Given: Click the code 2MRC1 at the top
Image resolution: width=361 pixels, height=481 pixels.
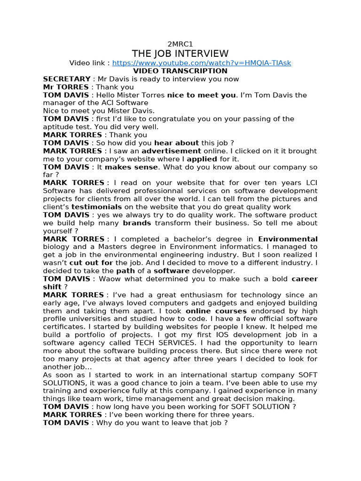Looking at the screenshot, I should click(180, 44).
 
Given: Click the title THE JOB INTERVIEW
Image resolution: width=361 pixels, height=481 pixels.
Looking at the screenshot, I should click(180, 54).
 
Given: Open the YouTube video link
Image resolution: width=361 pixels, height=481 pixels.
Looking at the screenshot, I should click(202, 63).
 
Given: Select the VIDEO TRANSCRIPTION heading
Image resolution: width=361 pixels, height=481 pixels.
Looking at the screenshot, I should click(180, 71).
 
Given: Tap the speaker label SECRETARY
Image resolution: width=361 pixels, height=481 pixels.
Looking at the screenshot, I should click(66, 79).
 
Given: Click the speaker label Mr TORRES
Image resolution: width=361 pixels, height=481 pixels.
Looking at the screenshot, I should click(65, 87).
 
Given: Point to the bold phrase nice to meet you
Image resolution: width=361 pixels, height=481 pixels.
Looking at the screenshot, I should click(201, 95).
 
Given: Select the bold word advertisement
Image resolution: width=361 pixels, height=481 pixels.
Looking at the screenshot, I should click(171, 151).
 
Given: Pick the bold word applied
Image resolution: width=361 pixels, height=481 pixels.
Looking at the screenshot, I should click(202, 159).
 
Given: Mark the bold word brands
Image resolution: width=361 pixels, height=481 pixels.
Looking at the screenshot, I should click(137, 223).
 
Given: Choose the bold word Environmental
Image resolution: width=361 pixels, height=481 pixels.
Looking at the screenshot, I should click(288, 239).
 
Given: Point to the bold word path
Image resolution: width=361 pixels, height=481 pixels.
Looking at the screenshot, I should click(125, 271).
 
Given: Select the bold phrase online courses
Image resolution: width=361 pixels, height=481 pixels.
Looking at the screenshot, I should click(216, 311).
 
